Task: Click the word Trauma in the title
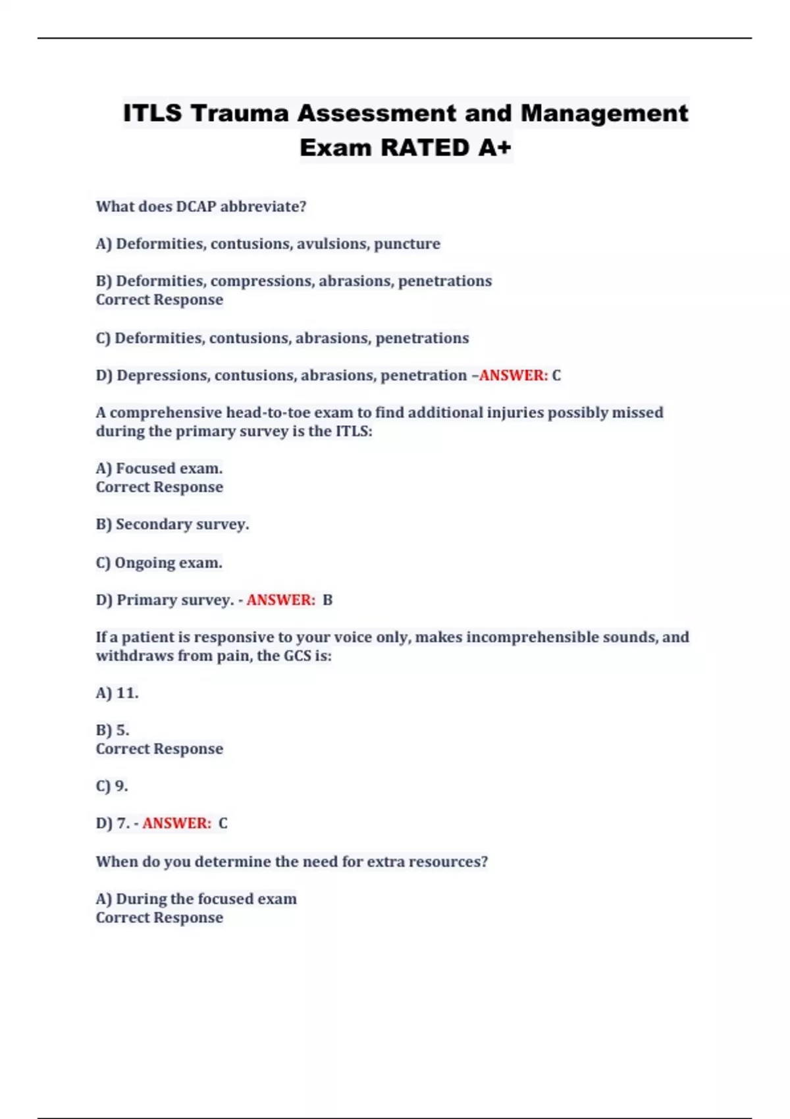240,113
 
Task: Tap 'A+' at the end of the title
494,148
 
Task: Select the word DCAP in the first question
196,207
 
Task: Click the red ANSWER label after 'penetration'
513,376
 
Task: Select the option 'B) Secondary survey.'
172,525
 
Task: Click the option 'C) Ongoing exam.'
159,563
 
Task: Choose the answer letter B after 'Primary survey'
327,600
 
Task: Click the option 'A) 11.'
117,693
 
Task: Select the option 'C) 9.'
112,786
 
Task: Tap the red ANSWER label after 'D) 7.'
176,823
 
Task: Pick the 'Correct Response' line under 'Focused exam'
159,487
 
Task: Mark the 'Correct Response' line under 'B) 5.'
159,749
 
